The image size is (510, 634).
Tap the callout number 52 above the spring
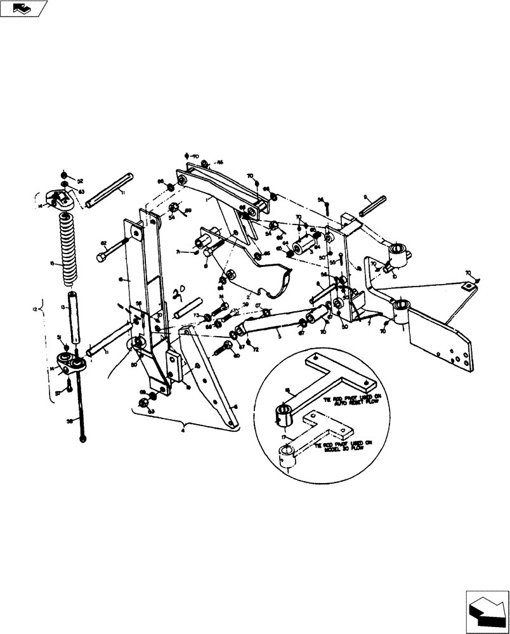80,181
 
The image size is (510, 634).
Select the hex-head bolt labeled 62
112,252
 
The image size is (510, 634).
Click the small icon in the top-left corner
23,8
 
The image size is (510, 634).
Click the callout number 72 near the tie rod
255,350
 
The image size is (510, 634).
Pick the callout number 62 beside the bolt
103,243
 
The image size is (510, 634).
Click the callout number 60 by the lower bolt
238,356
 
